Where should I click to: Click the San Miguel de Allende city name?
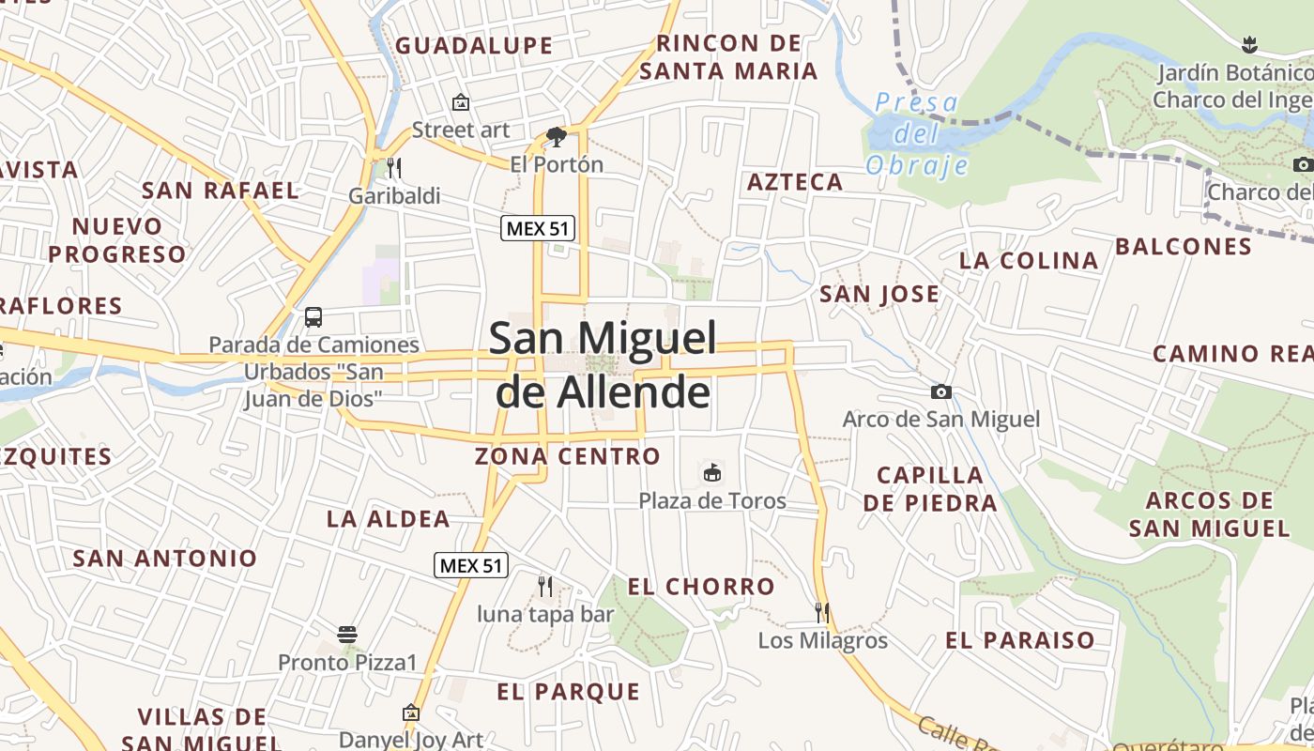[603, 364]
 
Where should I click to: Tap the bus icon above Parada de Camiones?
[313, 317]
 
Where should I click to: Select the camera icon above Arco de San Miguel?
[940, 391]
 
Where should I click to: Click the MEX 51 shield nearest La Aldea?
[472, 565]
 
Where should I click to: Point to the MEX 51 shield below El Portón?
[538, 227]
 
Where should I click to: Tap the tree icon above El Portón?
[557, 137]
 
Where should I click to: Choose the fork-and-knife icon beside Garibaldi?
[394, 168]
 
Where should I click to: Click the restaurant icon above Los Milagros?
[822, 613]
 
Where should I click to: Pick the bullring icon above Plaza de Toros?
[712, 472]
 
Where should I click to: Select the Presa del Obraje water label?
[916, 133]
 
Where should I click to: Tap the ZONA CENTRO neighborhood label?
[567, 457]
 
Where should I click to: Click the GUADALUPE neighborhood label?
[474, 45]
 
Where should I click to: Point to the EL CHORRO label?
[701, 588]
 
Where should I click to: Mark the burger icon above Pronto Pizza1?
[347, 634]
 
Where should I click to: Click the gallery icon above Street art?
[460, 102]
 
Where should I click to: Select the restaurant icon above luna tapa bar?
[545, 587]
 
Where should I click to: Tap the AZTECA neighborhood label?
[795, 182]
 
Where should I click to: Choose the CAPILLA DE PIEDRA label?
[930, 488]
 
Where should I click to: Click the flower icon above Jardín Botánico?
[1248, 44]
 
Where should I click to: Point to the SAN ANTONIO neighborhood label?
[165, 559]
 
